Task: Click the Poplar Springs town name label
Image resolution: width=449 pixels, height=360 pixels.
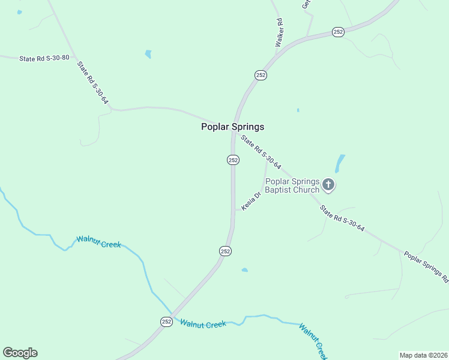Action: click(232, 127)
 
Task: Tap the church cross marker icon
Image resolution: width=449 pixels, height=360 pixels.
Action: click(328, 184)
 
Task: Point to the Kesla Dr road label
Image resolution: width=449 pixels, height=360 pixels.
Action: click(252, 200)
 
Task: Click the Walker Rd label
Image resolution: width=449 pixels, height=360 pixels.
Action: click(279, 33)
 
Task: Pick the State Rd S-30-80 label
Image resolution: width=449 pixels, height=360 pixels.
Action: click(44, 58)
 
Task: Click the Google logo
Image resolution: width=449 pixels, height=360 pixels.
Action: click(20, 353)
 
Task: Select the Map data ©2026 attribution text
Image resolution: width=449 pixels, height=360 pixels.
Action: click(423, 355)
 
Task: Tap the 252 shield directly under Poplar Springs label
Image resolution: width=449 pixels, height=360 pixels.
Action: click(233, 160)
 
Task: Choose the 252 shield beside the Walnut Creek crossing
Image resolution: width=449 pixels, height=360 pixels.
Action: click(167, 322)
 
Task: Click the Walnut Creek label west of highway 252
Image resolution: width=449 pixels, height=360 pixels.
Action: click(98, 242)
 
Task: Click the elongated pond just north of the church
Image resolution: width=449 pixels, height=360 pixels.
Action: click(340, 163)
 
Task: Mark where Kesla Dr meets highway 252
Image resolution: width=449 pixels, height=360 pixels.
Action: click(234, 210)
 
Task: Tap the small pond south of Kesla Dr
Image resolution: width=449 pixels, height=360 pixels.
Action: click(244, 270)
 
